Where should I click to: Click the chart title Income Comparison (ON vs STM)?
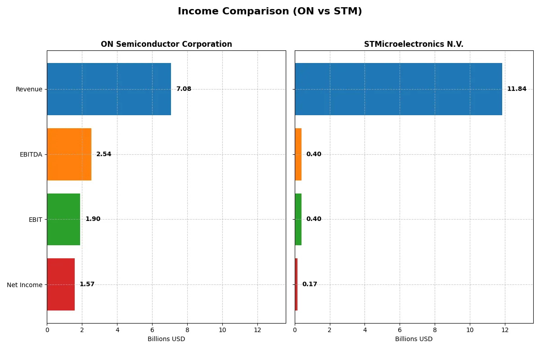(x=270, y=11)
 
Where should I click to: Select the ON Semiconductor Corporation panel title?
(x=166, y=44)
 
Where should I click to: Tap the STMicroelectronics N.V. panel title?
(x=414, y=44)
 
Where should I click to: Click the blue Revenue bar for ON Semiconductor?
(x=109, y=89)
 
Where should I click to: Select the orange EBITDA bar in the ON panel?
(x=69, y=154)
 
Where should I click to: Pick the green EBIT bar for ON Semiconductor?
(x=63, y=219)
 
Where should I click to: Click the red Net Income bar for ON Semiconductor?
(x=61, y=284)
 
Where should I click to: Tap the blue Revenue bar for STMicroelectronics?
(x=398, y=89)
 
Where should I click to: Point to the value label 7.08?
(x=184, y=89)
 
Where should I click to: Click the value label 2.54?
(x=103, y=154)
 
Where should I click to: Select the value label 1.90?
(x=93, y=219)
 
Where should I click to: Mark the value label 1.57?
(x=87, y=284)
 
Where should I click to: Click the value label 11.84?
(x=517, y=89)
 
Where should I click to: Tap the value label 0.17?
(x=310, y=284)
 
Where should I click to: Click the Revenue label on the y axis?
(x=29, y=89)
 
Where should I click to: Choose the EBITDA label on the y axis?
(x=31, y=154)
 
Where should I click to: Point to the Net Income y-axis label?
(x=25, y=284)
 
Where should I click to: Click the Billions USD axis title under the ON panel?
(x=166, y=339)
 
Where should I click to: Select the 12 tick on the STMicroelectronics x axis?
(x=505, y=330)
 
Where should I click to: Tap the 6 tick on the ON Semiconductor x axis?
(x=152, y=330)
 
